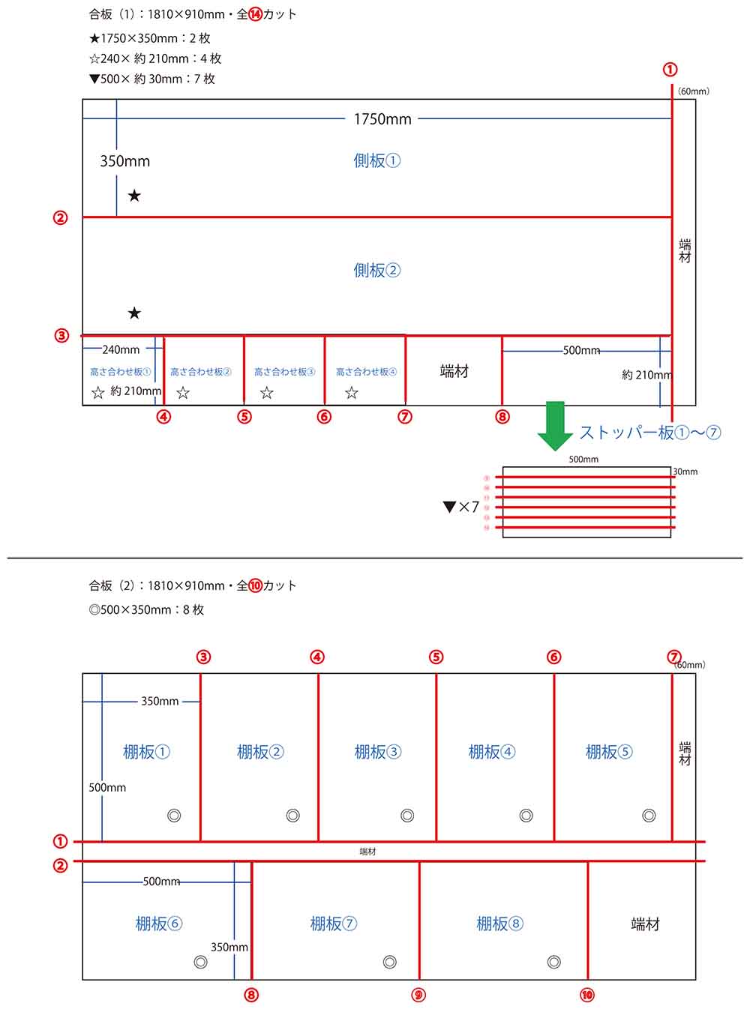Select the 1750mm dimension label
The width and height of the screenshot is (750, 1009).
[382, 119]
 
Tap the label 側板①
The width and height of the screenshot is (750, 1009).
[376, 160]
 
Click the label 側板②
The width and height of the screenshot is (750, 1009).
[376, 271]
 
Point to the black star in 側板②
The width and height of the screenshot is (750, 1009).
[134, 313]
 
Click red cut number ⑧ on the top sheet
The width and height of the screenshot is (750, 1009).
[502, 417]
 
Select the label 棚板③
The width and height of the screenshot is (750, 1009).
[377, 752]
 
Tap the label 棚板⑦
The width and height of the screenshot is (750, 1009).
[333, 924]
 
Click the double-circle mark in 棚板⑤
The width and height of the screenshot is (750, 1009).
[649, 816]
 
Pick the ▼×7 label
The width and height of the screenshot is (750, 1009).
[461, 507]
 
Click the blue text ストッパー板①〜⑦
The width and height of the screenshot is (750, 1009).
[649, 433]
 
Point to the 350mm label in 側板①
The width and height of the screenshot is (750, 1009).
[125, 161]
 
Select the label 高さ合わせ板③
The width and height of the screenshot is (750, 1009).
[284, 372]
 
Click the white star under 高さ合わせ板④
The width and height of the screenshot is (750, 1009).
[351, 393]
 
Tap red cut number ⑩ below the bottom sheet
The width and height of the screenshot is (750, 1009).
[587, 995]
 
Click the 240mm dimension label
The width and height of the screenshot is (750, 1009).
[121, 349]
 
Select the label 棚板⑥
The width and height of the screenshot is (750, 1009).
[158, 924]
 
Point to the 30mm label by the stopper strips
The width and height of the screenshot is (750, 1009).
[685, 472]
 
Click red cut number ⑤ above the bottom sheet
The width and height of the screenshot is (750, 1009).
[436, 657]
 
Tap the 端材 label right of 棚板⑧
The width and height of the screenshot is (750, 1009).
[645, 924]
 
